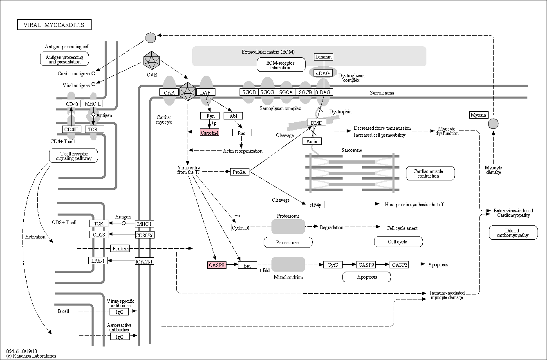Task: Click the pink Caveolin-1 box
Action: [x=209, y=132]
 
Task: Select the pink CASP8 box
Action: [x=217, y=265]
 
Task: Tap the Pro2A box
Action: [x=240, y=172]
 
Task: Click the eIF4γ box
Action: [x=315, y=205]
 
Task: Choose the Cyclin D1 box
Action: [x=240, y=227]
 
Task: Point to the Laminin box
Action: [x=323, y=57]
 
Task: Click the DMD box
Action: [x=316, y=122]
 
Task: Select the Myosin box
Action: [x=479, y=115]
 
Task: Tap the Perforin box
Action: [x=120, y=248]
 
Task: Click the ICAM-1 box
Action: [x=144, y=261]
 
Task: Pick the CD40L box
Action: [x=72, y=129]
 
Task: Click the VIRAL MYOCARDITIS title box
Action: [x=54, y=25]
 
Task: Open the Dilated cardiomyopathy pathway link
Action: [x=513, y=233]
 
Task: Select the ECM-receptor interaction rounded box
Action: [x=281, y=65]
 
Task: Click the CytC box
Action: [x=333, y=265]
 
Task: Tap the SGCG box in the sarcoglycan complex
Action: [x=267, y=92]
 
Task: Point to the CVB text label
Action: [x=152, y=74]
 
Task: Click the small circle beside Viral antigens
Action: [x=93, y=84]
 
